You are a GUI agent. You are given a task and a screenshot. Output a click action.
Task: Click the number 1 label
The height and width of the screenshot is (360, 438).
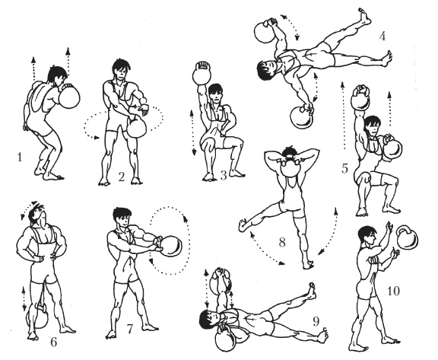click(x=19, y=158)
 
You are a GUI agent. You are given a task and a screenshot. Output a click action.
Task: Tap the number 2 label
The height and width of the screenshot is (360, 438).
click(x=121, y=177)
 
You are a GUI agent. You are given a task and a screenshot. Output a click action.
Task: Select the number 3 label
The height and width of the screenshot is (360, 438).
click(x=224, y=176)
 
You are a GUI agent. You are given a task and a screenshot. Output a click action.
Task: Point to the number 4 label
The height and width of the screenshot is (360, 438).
click(x=382, y=37)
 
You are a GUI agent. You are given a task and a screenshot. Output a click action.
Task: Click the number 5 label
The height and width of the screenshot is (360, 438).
click(x=344, y=168)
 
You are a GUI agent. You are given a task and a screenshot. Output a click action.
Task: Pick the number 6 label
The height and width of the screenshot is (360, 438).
click(x=53, y=342)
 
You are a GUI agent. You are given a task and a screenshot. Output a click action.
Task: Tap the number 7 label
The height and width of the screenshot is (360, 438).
click(x=129, y=329)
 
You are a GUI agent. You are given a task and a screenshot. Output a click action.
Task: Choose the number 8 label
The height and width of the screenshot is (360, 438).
click(x=282, y=242)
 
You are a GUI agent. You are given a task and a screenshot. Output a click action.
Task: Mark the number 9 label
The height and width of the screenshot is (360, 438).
click(x=316, y=322)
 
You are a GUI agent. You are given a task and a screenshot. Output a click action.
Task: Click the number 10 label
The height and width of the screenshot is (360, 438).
click(x=394, y=292)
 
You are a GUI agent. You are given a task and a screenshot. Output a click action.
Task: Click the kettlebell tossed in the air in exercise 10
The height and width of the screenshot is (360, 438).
click(x=408, y=237)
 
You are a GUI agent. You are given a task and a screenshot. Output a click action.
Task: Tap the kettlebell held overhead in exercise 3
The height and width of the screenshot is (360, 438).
click(x=202, y=73)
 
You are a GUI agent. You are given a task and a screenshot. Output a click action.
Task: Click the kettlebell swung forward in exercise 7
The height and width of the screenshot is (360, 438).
click(x=171, y=247)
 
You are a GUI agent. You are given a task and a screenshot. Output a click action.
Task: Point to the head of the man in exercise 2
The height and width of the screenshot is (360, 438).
click(x=121, y=69)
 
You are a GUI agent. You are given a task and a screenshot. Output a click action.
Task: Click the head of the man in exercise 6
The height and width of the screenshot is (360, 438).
click(x=37, y=214)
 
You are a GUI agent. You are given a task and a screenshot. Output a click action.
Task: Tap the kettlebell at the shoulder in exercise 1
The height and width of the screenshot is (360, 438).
click(x=69, y=97)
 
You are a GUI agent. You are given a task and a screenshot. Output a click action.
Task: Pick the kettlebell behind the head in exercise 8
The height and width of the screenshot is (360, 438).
click(x=290, y=165)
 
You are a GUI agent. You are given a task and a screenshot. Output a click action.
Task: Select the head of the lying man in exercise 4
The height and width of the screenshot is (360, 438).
click(x=266, y=70)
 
